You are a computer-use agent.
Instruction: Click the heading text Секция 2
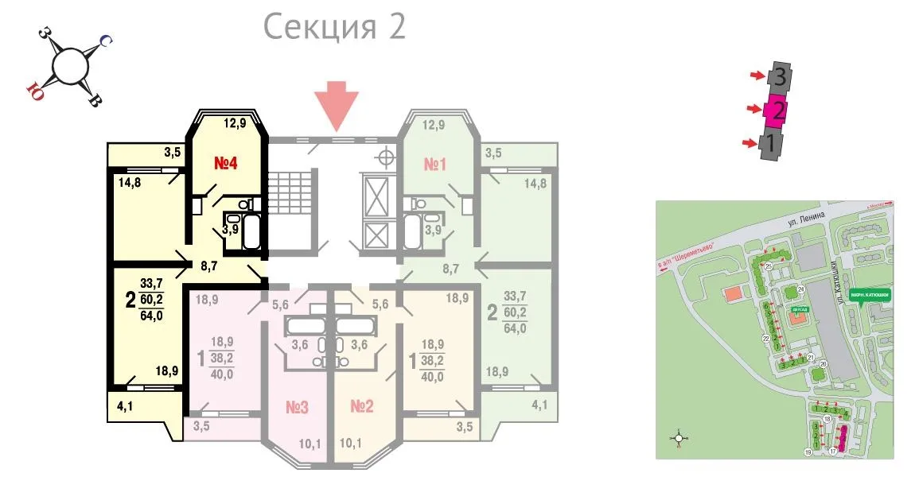pyautogui.click(x=334, y=26)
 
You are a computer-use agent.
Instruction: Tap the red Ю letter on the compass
pyautogui.click(x=35, y=87)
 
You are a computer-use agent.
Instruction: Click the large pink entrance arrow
pyautogui.click(x=337, y=106)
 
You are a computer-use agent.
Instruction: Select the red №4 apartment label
pyautogui.click(x=227, y=165)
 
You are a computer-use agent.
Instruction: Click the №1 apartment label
pyautogui.click(x=434, y=165)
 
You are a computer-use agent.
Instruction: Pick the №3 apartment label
pyautogui.click(x=297, y=408)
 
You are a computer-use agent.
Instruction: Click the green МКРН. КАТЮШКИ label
pyautogui.click(x=869, y=293)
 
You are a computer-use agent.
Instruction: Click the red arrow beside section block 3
pyautogui.click(x=754, y=76)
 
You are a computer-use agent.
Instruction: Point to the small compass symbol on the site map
pyautogui.click(x=679, y=436)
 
